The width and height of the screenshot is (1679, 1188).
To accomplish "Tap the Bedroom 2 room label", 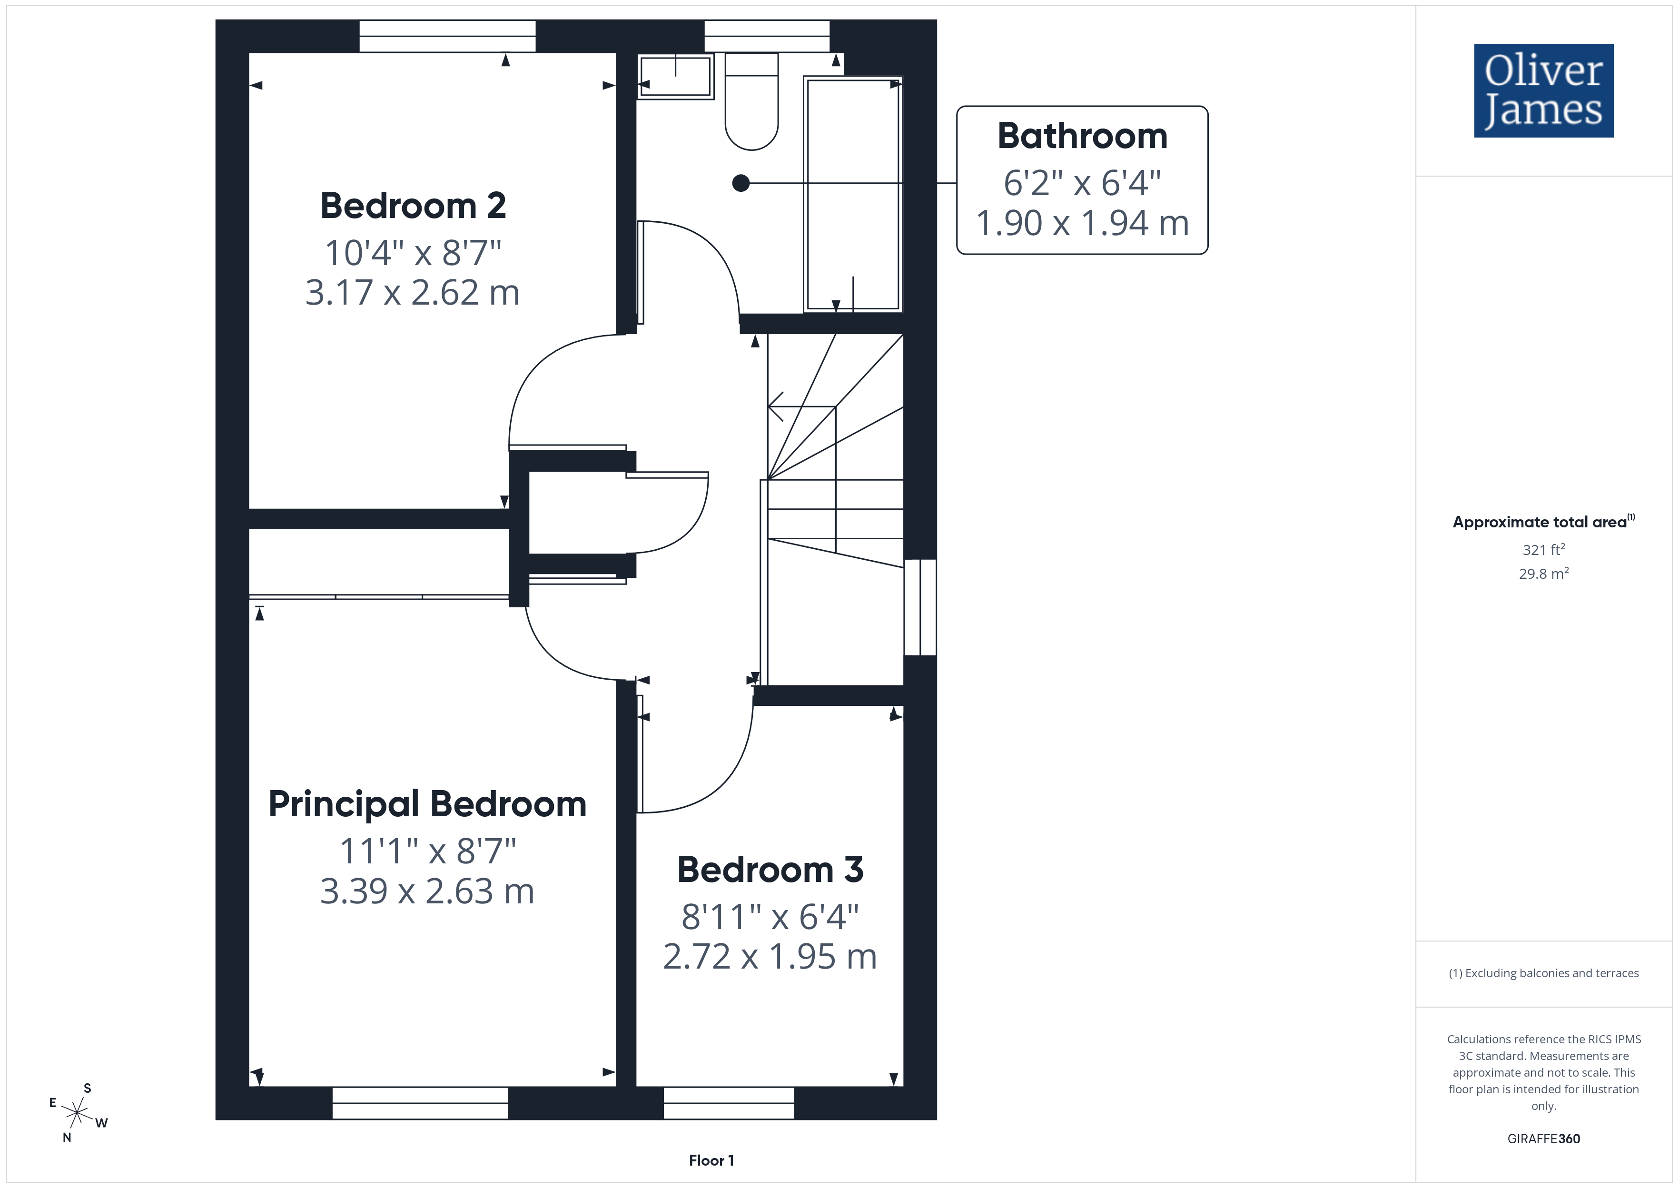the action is click(413, 206).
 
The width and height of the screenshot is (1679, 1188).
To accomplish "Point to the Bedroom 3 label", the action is click(770, 870).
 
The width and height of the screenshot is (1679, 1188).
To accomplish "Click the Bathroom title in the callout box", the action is click(1082, 136).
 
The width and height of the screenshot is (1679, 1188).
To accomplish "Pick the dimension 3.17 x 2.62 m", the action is click(413, 293).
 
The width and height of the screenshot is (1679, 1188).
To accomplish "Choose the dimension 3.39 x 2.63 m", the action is click(428, 891).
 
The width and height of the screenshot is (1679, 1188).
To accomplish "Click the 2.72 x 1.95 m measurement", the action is click(770, 956).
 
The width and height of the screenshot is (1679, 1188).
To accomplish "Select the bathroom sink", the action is click(676, 76).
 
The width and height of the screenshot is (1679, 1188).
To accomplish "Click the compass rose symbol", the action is click(77, 1113).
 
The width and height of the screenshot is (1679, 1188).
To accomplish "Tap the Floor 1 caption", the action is click(711, 1160).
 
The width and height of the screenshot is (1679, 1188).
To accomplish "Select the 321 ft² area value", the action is click(1544, 549).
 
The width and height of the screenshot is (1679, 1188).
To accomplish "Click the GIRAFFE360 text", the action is click(1544, 1139).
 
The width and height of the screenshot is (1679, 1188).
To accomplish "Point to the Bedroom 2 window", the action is click(447, 36).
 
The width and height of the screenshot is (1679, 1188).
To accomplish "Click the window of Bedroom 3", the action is click(729, 1103).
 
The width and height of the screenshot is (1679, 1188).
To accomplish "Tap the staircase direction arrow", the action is click(801, 407).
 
